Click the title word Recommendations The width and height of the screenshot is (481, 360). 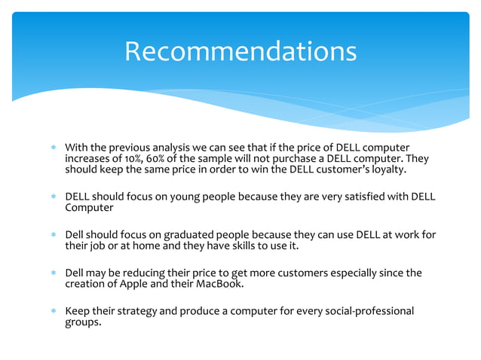point(240,51)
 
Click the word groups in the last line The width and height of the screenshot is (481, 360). point(83,323)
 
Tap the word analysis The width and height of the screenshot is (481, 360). point(169,146)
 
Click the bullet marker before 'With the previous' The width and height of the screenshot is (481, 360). point(53,147)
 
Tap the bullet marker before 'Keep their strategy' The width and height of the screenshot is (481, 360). point(53,312)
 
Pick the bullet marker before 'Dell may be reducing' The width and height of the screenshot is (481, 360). point(53,273)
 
